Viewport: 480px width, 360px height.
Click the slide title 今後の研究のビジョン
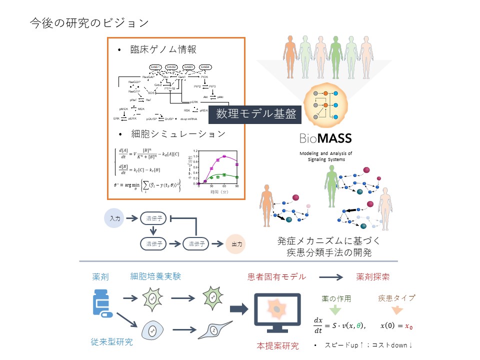pos(89,22)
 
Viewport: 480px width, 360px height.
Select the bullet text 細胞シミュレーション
pos(178,134)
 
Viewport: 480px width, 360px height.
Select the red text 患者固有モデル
pos(276,276)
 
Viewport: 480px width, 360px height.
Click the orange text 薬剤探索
pos(372,276)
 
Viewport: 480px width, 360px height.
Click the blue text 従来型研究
pos(112,342)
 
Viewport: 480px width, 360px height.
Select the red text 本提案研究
pos(277,345)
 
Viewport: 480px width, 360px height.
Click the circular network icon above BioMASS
pos(325,105)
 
